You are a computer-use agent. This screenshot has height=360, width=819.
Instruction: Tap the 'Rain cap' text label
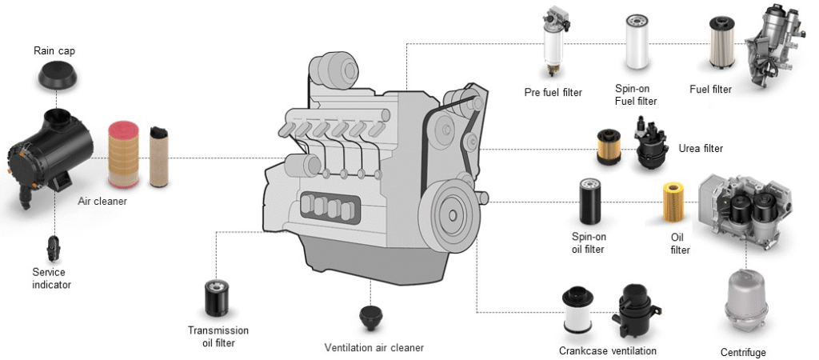54,51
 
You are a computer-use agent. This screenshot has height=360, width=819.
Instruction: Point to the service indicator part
54,247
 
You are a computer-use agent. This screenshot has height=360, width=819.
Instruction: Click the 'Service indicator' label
51,278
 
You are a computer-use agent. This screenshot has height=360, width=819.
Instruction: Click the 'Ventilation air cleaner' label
374,348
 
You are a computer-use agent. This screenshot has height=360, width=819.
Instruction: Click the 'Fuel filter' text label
710,90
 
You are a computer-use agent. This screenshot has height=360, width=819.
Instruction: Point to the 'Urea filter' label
700,149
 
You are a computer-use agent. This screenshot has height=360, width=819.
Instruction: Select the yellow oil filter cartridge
673,206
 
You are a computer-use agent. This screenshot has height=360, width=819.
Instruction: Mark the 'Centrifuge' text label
743,353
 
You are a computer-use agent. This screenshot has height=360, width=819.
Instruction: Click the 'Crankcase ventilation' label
607,351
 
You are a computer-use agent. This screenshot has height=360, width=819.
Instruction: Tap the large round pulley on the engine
453,214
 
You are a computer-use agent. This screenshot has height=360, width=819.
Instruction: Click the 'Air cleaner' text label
102,202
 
